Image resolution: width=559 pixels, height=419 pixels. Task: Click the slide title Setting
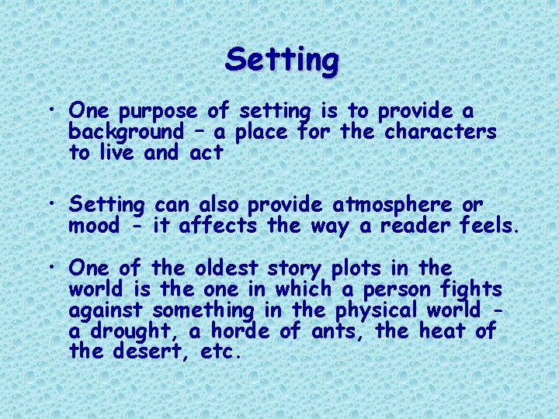(x=282, y=60)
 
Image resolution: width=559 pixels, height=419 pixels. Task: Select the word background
(x=126, y=132)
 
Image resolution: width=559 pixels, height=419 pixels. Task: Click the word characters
(x=441, y=132)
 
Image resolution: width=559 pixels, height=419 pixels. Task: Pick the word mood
(x=95, y=226)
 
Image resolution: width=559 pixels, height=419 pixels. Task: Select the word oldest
(x=227, y=268)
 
